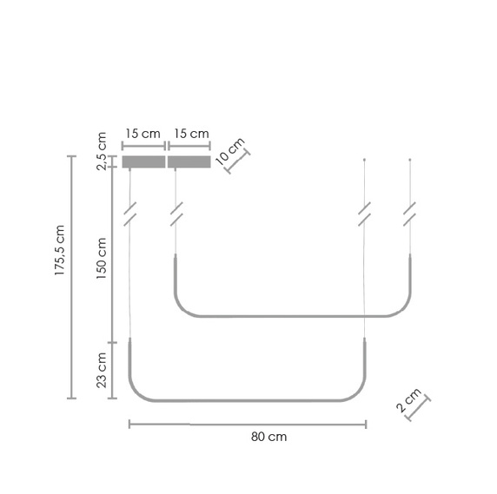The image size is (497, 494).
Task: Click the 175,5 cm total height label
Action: [60, 251]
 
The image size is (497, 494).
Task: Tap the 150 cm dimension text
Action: [101, 258]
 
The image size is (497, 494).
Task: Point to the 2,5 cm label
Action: [102, 151]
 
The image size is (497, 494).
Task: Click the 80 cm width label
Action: [268, 438]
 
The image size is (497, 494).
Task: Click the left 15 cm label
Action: [143, 134]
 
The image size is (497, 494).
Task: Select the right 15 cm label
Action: [190, 134]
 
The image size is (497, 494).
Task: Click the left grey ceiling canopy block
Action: [143, 161]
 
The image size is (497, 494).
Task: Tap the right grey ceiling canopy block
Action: [189, 161]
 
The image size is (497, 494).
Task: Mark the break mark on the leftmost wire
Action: [130, 214]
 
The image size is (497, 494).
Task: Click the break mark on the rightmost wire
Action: [409, 214]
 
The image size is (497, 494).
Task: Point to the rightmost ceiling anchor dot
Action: [410, 160]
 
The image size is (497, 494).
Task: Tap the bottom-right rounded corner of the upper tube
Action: [401, 308]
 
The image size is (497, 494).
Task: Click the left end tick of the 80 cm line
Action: [129, 424]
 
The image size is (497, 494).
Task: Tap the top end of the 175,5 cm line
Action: [72, 156]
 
